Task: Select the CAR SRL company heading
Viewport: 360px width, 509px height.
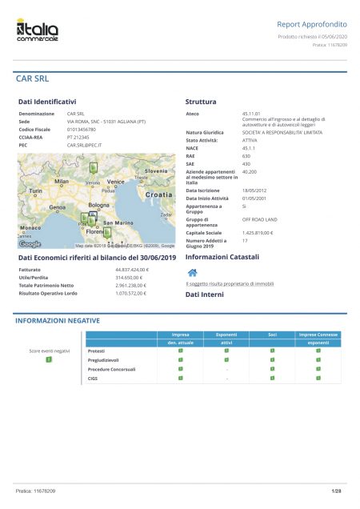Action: pos(32,79)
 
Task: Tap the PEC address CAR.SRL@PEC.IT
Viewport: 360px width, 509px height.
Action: pos(84,145)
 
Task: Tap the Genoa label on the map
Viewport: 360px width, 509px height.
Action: pos(57,207)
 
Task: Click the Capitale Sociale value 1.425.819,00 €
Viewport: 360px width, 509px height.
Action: pos(258,232)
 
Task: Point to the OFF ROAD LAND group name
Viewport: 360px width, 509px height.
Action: pos(259,219)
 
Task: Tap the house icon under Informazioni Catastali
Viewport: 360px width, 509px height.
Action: pos(191,273)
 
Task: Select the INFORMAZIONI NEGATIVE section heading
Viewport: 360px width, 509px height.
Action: pos(58,320)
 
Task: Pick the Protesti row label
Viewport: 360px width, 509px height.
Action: pos(96,351)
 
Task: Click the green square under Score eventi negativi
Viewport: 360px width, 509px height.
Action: pos(49,361)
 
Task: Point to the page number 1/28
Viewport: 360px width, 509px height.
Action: pos(336,489)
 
